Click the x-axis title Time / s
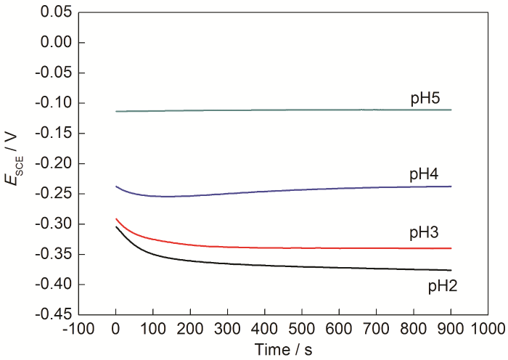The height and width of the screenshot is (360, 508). [x=284, y=349]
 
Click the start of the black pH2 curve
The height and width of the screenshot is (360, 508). [x=116, y=226]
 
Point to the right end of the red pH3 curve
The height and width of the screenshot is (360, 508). [x=451, y=248]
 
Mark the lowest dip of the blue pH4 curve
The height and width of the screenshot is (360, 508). [x=167, y=196]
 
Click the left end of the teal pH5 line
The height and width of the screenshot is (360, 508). [x=116, y=111]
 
